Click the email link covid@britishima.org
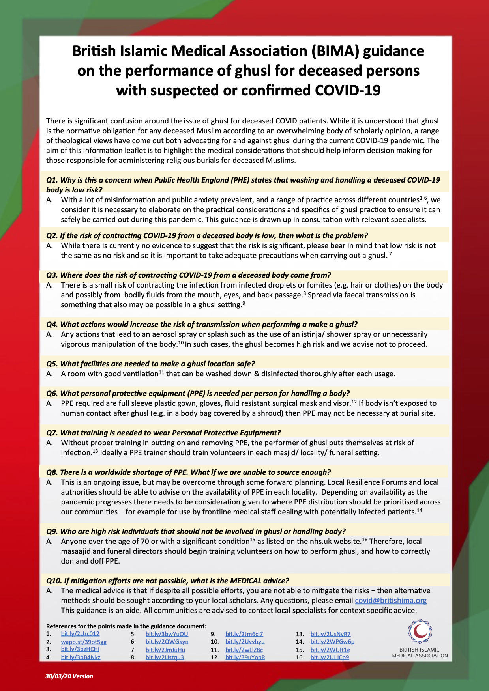point(390,600)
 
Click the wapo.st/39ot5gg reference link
point(84,642)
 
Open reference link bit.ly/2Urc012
point(80,634)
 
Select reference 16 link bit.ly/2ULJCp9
point(330,657)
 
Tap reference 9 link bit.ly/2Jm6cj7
point(244,634)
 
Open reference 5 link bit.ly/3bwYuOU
point(167,634)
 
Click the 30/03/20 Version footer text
point(69,676)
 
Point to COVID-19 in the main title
point(347,90)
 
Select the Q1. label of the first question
point(52,180)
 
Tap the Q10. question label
point(54,581)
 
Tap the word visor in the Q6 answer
point(341,403)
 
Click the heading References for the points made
point(126,626)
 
